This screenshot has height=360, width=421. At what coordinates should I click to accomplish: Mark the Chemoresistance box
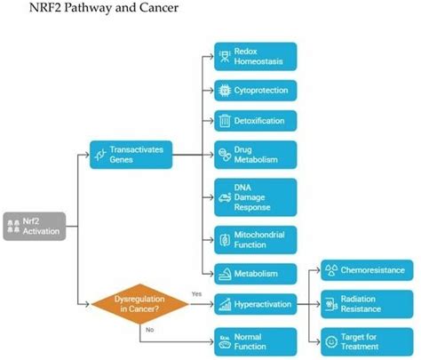click(365, 270)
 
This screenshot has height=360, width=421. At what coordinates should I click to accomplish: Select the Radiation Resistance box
click(365, 304)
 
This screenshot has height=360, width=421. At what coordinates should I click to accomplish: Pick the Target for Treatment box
click(365, 340)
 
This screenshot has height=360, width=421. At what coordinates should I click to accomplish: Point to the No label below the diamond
click(149, 331)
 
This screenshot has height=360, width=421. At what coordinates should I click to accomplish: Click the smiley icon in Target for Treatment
click(334, 340)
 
